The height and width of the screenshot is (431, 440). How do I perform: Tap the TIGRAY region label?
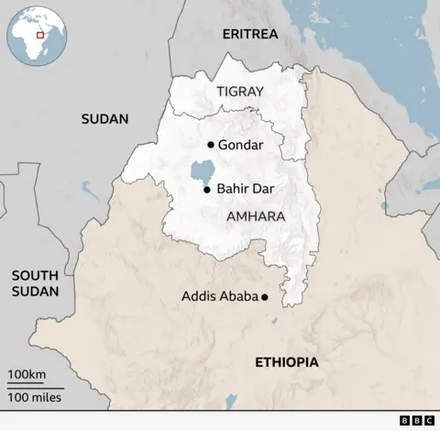point(239,92)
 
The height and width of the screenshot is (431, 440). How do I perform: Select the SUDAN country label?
point(104,118)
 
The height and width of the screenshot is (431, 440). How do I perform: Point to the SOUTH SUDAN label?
point(36,283)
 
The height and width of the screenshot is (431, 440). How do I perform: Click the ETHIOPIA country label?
point(287,362)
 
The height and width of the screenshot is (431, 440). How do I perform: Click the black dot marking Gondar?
point(211,145)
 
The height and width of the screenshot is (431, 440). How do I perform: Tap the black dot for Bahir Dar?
point(207,190)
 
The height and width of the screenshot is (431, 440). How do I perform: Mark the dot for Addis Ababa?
point(265,297)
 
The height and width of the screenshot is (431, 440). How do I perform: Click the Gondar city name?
point(240,145)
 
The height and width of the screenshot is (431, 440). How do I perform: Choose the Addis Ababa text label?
point(220,296)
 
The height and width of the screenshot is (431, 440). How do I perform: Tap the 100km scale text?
point(27,375)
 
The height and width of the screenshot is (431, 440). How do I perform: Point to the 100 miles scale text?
point(35,396)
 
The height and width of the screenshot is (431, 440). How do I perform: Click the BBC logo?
point(417,421)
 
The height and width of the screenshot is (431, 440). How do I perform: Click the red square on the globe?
point(40,35)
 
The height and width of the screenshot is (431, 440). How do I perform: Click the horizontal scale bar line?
point(35,386)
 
